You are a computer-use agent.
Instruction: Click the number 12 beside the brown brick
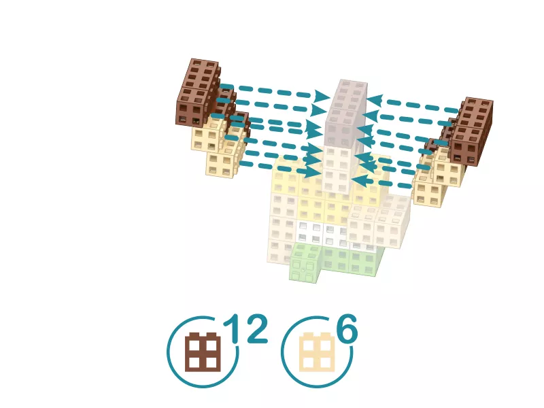(245, 328)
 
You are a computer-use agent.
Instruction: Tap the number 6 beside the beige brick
(347, 328)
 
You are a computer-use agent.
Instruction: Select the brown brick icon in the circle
(203, 352)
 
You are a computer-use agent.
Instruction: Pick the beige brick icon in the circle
(317, 352)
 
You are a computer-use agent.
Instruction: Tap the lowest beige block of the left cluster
(220, 165)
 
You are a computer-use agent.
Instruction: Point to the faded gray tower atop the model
(346, 114)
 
